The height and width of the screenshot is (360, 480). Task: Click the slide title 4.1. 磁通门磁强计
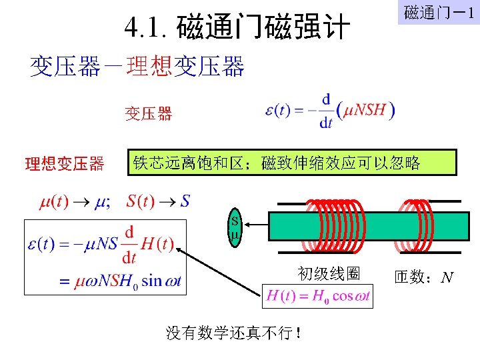[x=237, y=28]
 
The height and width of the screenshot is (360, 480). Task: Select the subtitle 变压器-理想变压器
[x=137, y=67]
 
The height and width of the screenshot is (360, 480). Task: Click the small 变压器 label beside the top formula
[x=148, y=114]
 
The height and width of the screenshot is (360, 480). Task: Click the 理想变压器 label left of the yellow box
[x=64, y=163]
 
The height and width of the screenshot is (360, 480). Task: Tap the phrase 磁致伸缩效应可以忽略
[x=341, y=163]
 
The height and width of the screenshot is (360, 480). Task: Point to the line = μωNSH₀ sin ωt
[x=120, y=281]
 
